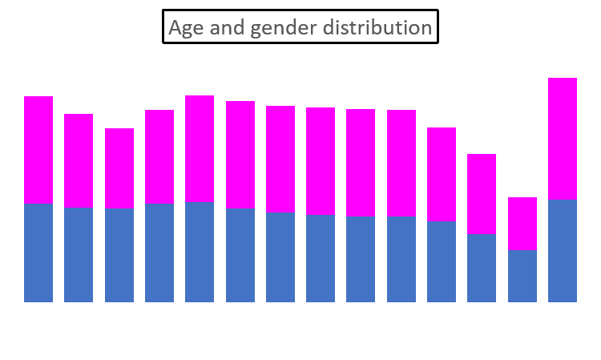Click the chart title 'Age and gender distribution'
[x=300, y=27]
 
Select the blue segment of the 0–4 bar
[x=38, y=252]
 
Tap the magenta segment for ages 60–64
[x=522, y=223]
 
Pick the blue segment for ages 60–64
[x=522, y=275]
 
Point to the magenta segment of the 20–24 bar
[x=200, y=148]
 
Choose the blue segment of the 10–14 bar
[x=119, y=254]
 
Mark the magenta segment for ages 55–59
[x=482, y=193]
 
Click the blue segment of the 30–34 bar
[x=280, y=257]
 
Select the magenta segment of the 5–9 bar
[x=79, y=160]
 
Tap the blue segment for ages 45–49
[x=401, y=258]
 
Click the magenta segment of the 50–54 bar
[x=442, y=174]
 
